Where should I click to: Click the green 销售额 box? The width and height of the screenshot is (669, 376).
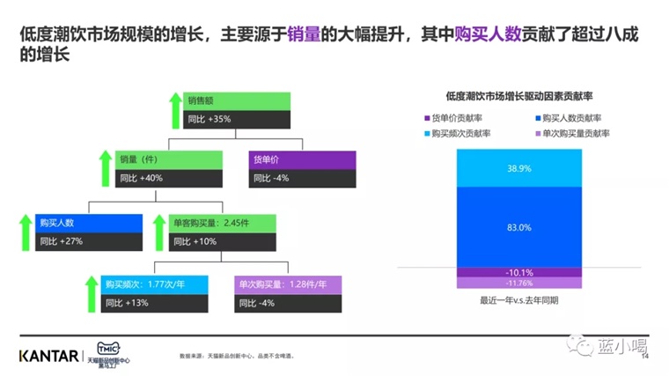click(237, 100)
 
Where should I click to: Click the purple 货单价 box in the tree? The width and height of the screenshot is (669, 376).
click(303, 159)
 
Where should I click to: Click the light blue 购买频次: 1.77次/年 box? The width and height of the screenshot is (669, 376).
click(155, 284)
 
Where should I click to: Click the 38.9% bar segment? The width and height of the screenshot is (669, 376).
click(518, 167)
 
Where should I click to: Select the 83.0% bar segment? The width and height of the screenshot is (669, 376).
click(518, 227)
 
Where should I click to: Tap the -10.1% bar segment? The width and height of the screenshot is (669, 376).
click(518, 272)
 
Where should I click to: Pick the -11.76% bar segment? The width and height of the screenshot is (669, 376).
click(518, 283)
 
